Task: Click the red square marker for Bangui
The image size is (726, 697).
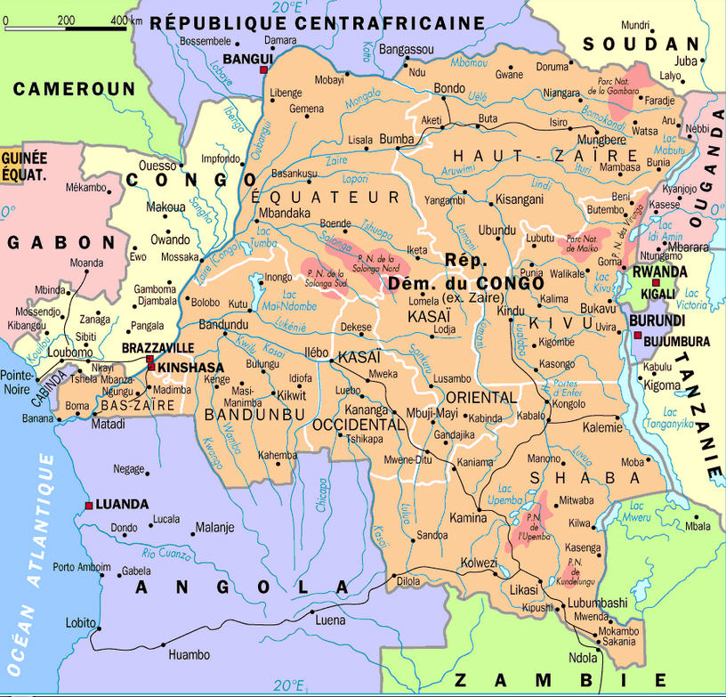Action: coord(263,69)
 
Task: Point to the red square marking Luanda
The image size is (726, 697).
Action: coord(89,505)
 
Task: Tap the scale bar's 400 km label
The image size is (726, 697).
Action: coord(126,19)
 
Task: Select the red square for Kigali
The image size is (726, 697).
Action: coord(656,283)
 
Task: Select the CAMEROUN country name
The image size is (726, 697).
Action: coord(74,88)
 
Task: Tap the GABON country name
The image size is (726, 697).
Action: coord(62,242)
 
